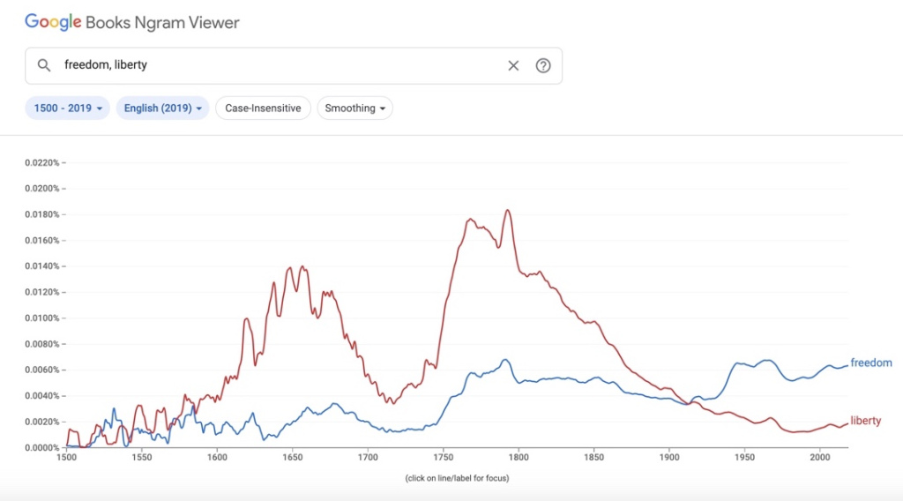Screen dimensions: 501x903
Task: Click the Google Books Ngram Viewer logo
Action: (132, 22)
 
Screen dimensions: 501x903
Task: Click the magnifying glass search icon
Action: (44, 65)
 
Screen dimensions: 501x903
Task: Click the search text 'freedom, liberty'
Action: (106, 65)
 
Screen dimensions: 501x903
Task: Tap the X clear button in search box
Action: (513, 65)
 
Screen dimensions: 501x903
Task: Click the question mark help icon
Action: (543, 65)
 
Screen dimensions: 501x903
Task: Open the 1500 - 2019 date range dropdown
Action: (68, 108)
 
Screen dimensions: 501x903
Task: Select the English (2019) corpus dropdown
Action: (163, 108)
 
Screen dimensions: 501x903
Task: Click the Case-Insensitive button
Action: (263, 108)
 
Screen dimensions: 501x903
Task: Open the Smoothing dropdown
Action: (355, 108)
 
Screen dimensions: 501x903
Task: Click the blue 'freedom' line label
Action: (871, 363)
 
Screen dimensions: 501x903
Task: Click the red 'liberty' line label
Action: (866, 421)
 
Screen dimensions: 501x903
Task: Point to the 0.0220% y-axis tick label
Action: (42, 162)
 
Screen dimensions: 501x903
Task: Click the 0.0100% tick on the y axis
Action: (42, 318)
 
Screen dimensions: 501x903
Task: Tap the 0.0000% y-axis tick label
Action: (42, 448)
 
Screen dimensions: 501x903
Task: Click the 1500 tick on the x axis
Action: (67, 458)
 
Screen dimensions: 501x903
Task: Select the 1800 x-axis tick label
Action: (519, 458)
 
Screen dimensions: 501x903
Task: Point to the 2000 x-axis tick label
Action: (820, 458)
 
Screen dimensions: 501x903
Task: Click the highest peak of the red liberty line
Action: (508, 210)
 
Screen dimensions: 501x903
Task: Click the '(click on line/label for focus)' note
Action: (457, 478)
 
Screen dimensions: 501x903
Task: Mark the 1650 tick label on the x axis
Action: (293, 458)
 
